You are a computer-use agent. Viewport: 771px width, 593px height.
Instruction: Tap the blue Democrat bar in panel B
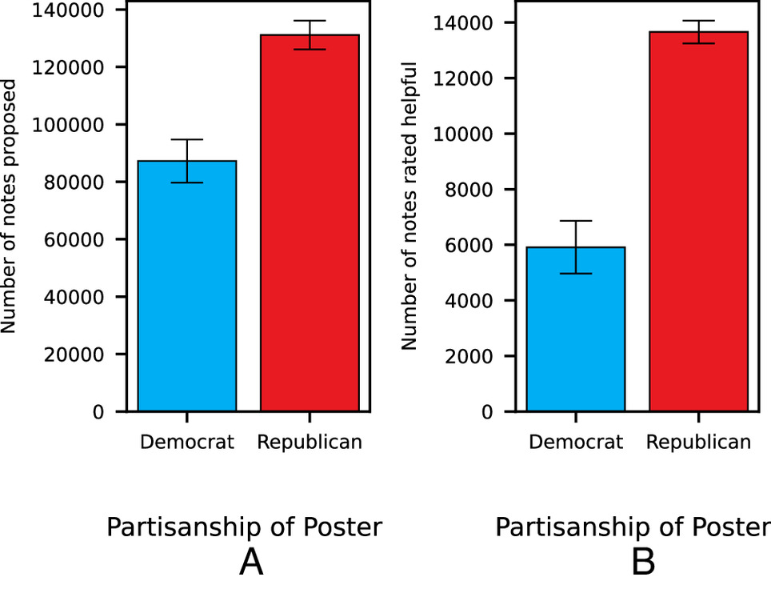[x=575, y=329]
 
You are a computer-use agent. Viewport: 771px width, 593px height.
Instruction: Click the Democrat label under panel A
[x=186, y=442]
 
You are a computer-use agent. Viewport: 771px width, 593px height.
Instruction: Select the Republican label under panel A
[x=310, y=442]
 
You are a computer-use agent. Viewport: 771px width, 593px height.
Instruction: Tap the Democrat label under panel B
[x=575, y=442]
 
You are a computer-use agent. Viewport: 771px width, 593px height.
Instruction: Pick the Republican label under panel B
[x=698, y=442]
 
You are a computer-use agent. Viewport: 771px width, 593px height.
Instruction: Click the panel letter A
[x=251, y=563]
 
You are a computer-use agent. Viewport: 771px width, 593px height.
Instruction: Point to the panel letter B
[x=643, y=563]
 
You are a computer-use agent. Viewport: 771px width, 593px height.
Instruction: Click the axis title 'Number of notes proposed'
[x=10, y=206]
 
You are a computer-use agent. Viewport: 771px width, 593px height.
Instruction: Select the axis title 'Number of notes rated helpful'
[x=409, y=206]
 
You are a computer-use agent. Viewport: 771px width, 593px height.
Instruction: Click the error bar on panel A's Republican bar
[x=310, y=34]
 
